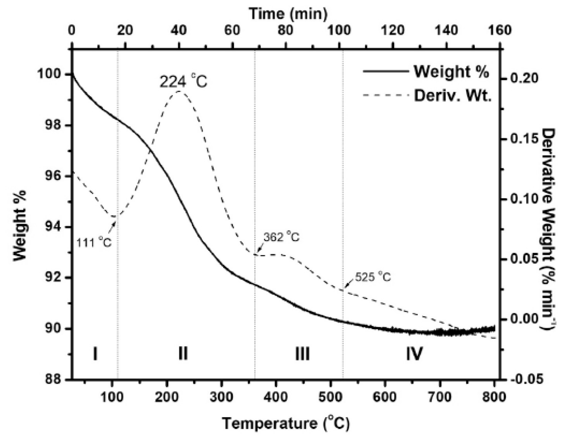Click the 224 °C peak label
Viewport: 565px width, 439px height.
pyautogui.click(x=183, y=82)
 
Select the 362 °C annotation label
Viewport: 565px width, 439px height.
pyautogui.click(x=281, y=237)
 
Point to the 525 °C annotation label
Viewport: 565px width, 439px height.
pyautogui.click(x=373, y=277)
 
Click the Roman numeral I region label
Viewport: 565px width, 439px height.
pyautogui.click(x=95, y=354)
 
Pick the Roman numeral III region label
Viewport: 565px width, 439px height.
pyautogui.click(x=302, y=354)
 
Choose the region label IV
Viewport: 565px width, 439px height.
pyautogui.click(x=414, y=354)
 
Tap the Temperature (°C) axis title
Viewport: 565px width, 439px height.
pyautogui.click(x=286, y=424)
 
